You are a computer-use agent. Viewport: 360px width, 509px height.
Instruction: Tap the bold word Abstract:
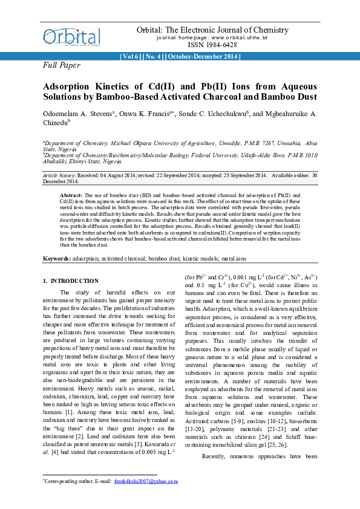pos(72,196)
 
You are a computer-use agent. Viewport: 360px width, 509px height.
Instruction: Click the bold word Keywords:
pos(56,259)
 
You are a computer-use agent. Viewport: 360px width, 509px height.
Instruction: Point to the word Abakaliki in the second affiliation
pos(56,162)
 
